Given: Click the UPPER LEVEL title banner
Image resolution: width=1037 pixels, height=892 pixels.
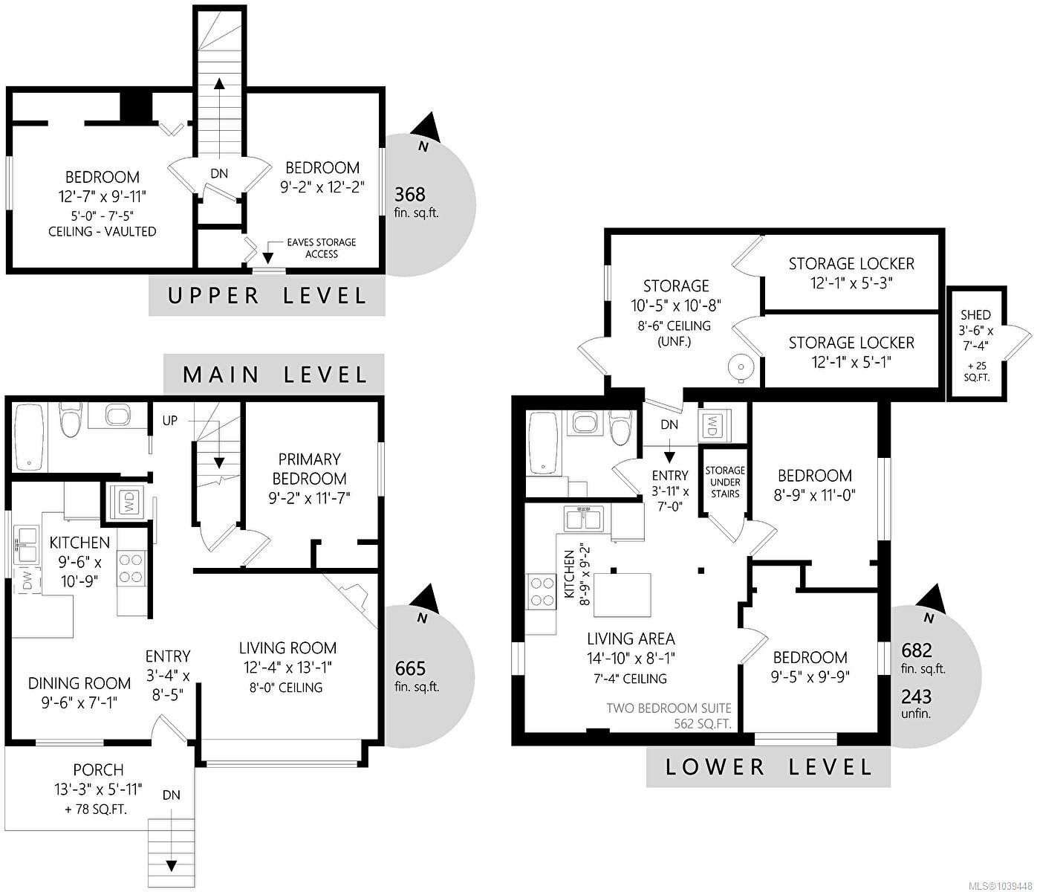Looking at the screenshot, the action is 267,296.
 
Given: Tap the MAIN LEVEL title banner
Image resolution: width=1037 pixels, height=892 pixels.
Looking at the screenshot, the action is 274,374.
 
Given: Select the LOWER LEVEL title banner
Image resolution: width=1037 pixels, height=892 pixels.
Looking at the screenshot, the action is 768,766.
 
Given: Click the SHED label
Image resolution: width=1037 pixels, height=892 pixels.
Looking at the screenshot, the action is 976,314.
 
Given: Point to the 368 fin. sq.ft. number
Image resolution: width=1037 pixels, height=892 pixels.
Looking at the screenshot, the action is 410,194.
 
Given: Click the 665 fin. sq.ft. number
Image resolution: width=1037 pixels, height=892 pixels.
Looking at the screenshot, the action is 410,668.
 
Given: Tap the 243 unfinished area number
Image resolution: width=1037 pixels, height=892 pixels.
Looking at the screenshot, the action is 916,697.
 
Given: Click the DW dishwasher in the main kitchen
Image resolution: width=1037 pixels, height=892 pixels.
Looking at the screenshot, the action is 27,581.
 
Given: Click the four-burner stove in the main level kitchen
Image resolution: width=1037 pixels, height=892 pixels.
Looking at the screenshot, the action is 131,569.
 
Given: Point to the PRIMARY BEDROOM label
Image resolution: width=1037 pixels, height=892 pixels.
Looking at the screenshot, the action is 310,468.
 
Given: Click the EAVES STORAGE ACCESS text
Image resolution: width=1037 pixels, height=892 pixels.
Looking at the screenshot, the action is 322,248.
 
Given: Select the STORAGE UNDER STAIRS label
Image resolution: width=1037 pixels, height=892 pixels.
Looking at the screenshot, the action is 725,482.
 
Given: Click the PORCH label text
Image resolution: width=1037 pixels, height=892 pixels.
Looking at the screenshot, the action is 98,769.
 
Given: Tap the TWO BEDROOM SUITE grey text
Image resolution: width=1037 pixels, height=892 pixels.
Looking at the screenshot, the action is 669,708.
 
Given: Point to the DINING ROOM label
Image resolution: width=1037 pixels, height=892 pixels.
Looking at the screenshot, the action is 79,682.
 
